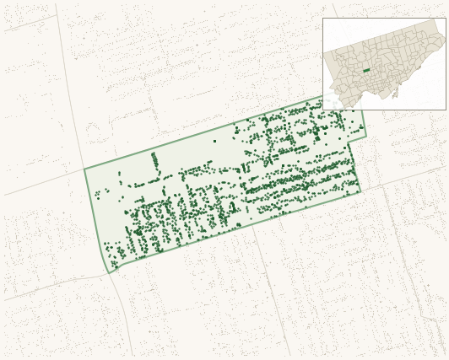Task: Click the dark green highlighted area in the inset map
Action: coord(366,70)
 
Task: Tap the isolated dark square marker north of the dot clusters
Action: coord(214,141)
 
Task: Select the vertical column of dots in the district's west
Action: coord(154,160)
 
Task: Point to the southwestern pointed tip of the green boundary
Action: coord(110,272)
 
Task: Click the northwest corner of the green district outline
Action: coord(84,169)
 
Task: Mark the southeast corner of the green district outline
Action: coord(360,191)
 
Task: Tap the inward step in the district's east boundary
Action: coord(349,141)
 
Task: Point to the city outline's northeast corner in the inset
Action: coord(436,20)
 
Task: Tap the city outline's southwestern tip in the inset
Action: coord(341,107)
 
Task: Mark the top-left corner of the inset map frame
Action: coord(322,19)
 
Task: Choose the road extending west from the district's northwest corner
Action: coord(42,183)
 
